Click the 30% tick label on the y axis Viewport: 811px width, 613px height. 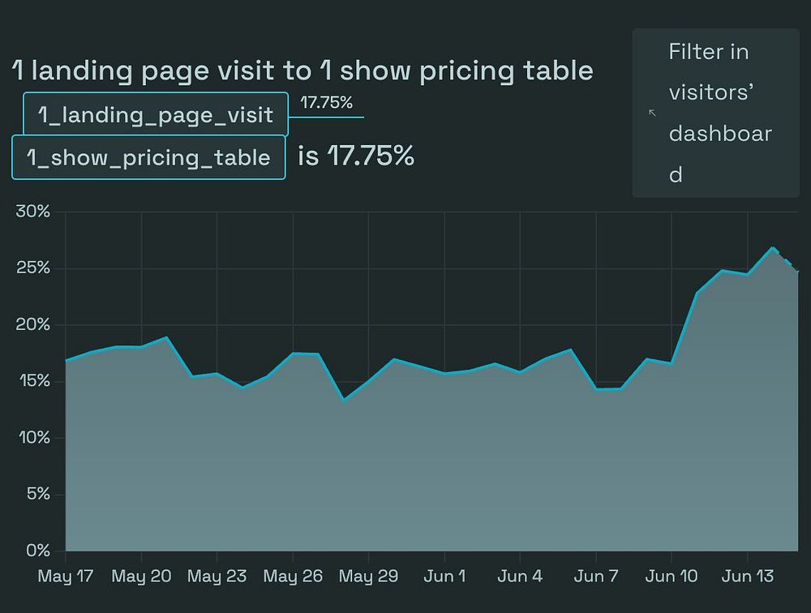(33, 212)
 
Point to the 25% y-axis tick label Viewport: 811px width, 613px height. (33, 268)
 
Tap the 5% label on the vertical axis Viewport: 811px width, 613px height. (37, 494)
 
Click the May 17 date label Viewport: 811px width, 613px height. (66, 577)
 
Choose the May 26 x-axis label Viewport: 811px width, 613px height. (293, 577)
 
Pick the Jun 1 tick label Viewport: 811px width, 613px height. (445, 577)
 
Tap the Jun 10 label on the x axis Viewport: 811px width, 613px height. (671, 577)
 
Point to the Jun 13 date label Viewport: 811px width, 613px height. (747, 577)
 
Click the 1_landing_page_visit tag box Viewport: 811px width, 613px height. (155, 114)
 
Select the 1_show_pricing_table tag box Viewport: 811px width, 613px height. (148, 157)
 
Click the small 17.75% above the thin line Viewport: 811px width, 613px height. (326, 103)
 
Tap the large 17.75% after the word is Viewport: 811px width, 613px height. (371, 156)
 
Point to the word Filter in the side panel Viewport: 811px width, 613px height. (697, 52)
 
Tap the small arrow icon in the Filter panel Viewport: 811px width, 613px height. (652, 113)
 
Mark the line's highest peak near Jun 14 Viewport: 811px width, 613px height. (773, 248)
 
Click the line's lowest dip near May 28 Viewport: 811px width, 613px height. (345, 400)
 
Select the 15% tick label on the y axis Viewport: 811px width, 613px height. (33, 381)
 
